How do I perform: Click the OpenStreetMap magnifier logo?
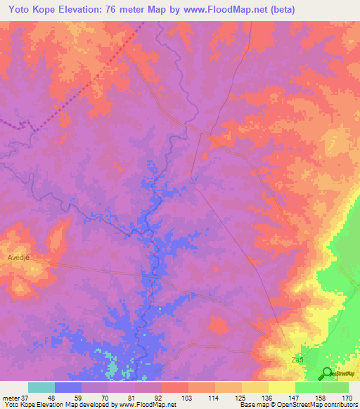tap(328, 373)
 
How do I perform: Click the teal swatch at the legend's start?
tap(41, 387)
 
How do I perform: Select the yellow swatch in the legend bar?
tap(282, 387)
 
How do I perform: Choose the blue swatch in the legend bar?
tap(68, 387)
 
